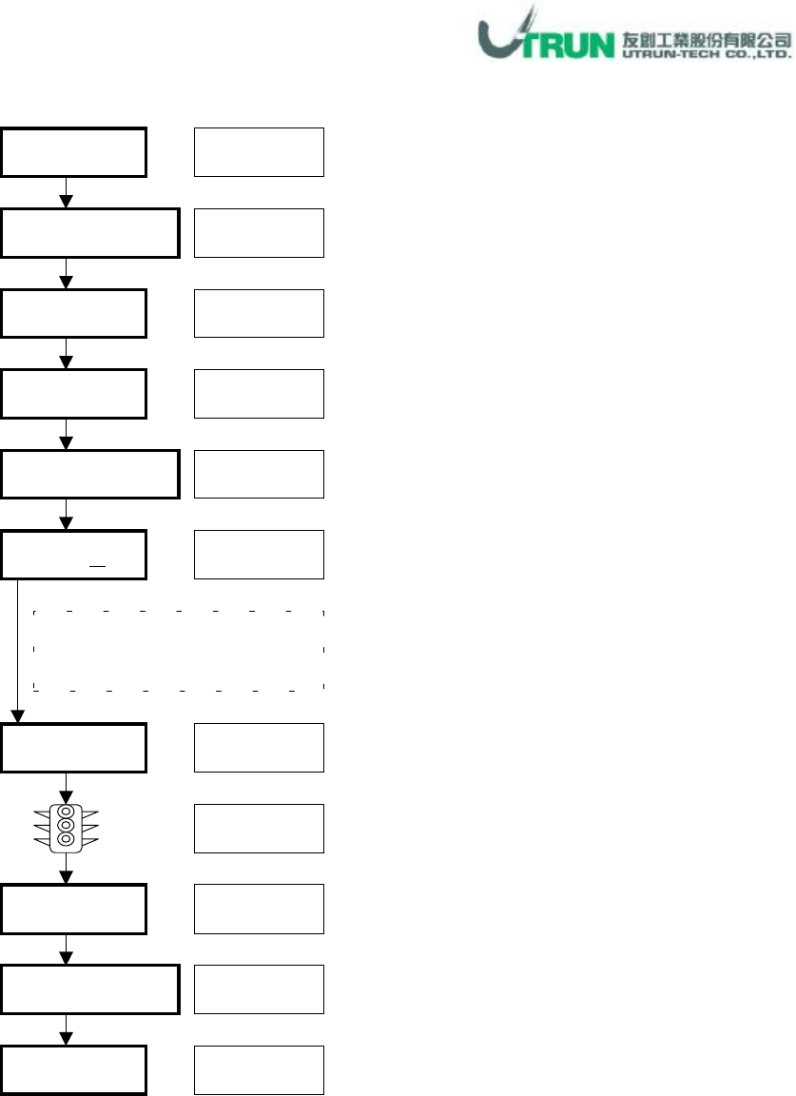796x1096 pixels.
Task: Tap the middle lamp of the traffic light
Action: point(65,826)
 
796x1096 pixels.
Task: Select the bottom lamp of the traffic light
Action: point(65,839)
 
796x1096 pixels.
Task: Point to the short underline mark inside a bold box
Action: point(97,564)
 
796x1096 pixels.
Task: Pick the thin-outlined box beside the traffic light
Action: point(259,828)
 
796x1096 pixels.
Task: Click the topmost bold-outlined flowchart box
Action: point(73,151)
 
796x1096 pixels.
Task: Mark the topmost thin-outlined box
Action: point(259,151)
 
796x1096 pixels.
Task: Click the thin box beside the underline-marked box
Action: point(259,555)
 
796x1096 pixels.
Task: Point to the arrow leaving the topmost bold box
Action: point(66,193)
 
